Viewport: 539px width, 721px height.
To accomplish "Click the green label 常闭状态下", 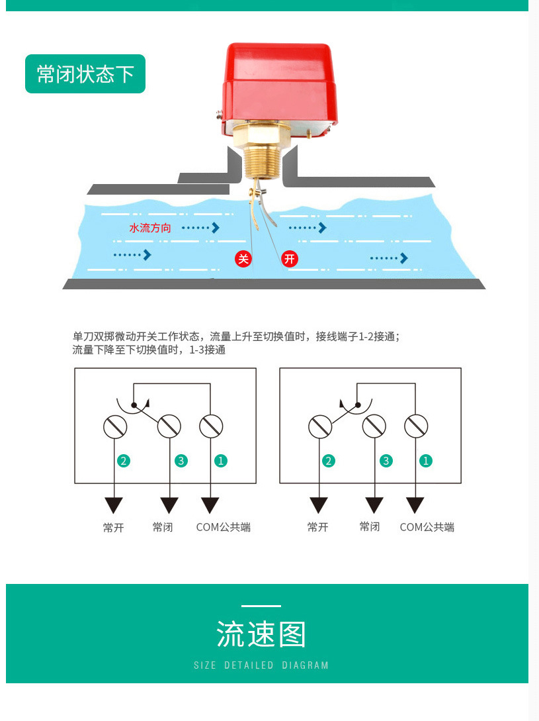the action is click(85, 73).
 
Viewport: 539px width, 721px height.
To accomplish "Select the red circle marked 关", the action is click(243, 258).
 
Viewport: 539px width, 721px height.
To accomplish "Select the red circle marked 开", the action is click(290, 258).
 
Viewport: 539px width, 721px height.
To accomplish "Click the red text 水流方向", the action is click(150, 228).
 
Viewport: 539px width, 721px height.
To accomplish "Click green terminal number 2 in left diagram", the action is click(123, 461).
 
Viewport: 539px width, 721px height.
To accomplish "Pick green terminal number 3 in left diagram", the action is click(181, 461).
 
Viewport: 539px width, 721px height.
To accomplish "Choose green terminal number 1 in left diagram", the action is click(220, 461).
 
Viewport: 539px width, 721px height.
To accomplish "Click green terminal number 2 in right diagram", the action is click(329, 461).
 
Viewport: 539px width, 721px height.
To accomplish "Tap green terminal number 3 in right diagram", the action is click(386, 461).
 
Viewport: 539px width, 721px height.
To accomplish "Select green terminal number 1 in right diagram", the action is click(426, 461).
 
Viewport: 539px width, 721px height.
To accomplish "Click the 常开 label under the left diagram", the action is click(114, 528).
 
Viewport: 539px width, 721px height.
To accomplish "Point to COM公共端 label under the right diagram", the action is click(427, 527).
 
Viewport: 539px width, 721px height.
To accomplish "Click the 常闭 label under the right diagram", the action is click(370, 526).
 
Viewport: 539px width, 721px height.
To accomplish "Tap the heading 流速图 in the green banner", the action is click(261, 635).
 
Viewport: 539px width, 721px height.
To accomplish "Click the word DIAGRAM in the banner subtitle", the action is click(305, 665).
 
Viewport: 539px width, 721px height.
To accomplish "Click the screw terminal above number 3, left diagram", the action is click(169, 426).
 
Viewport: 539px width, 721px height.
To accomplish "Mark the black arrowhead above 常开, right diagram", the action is click(319, 505).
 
